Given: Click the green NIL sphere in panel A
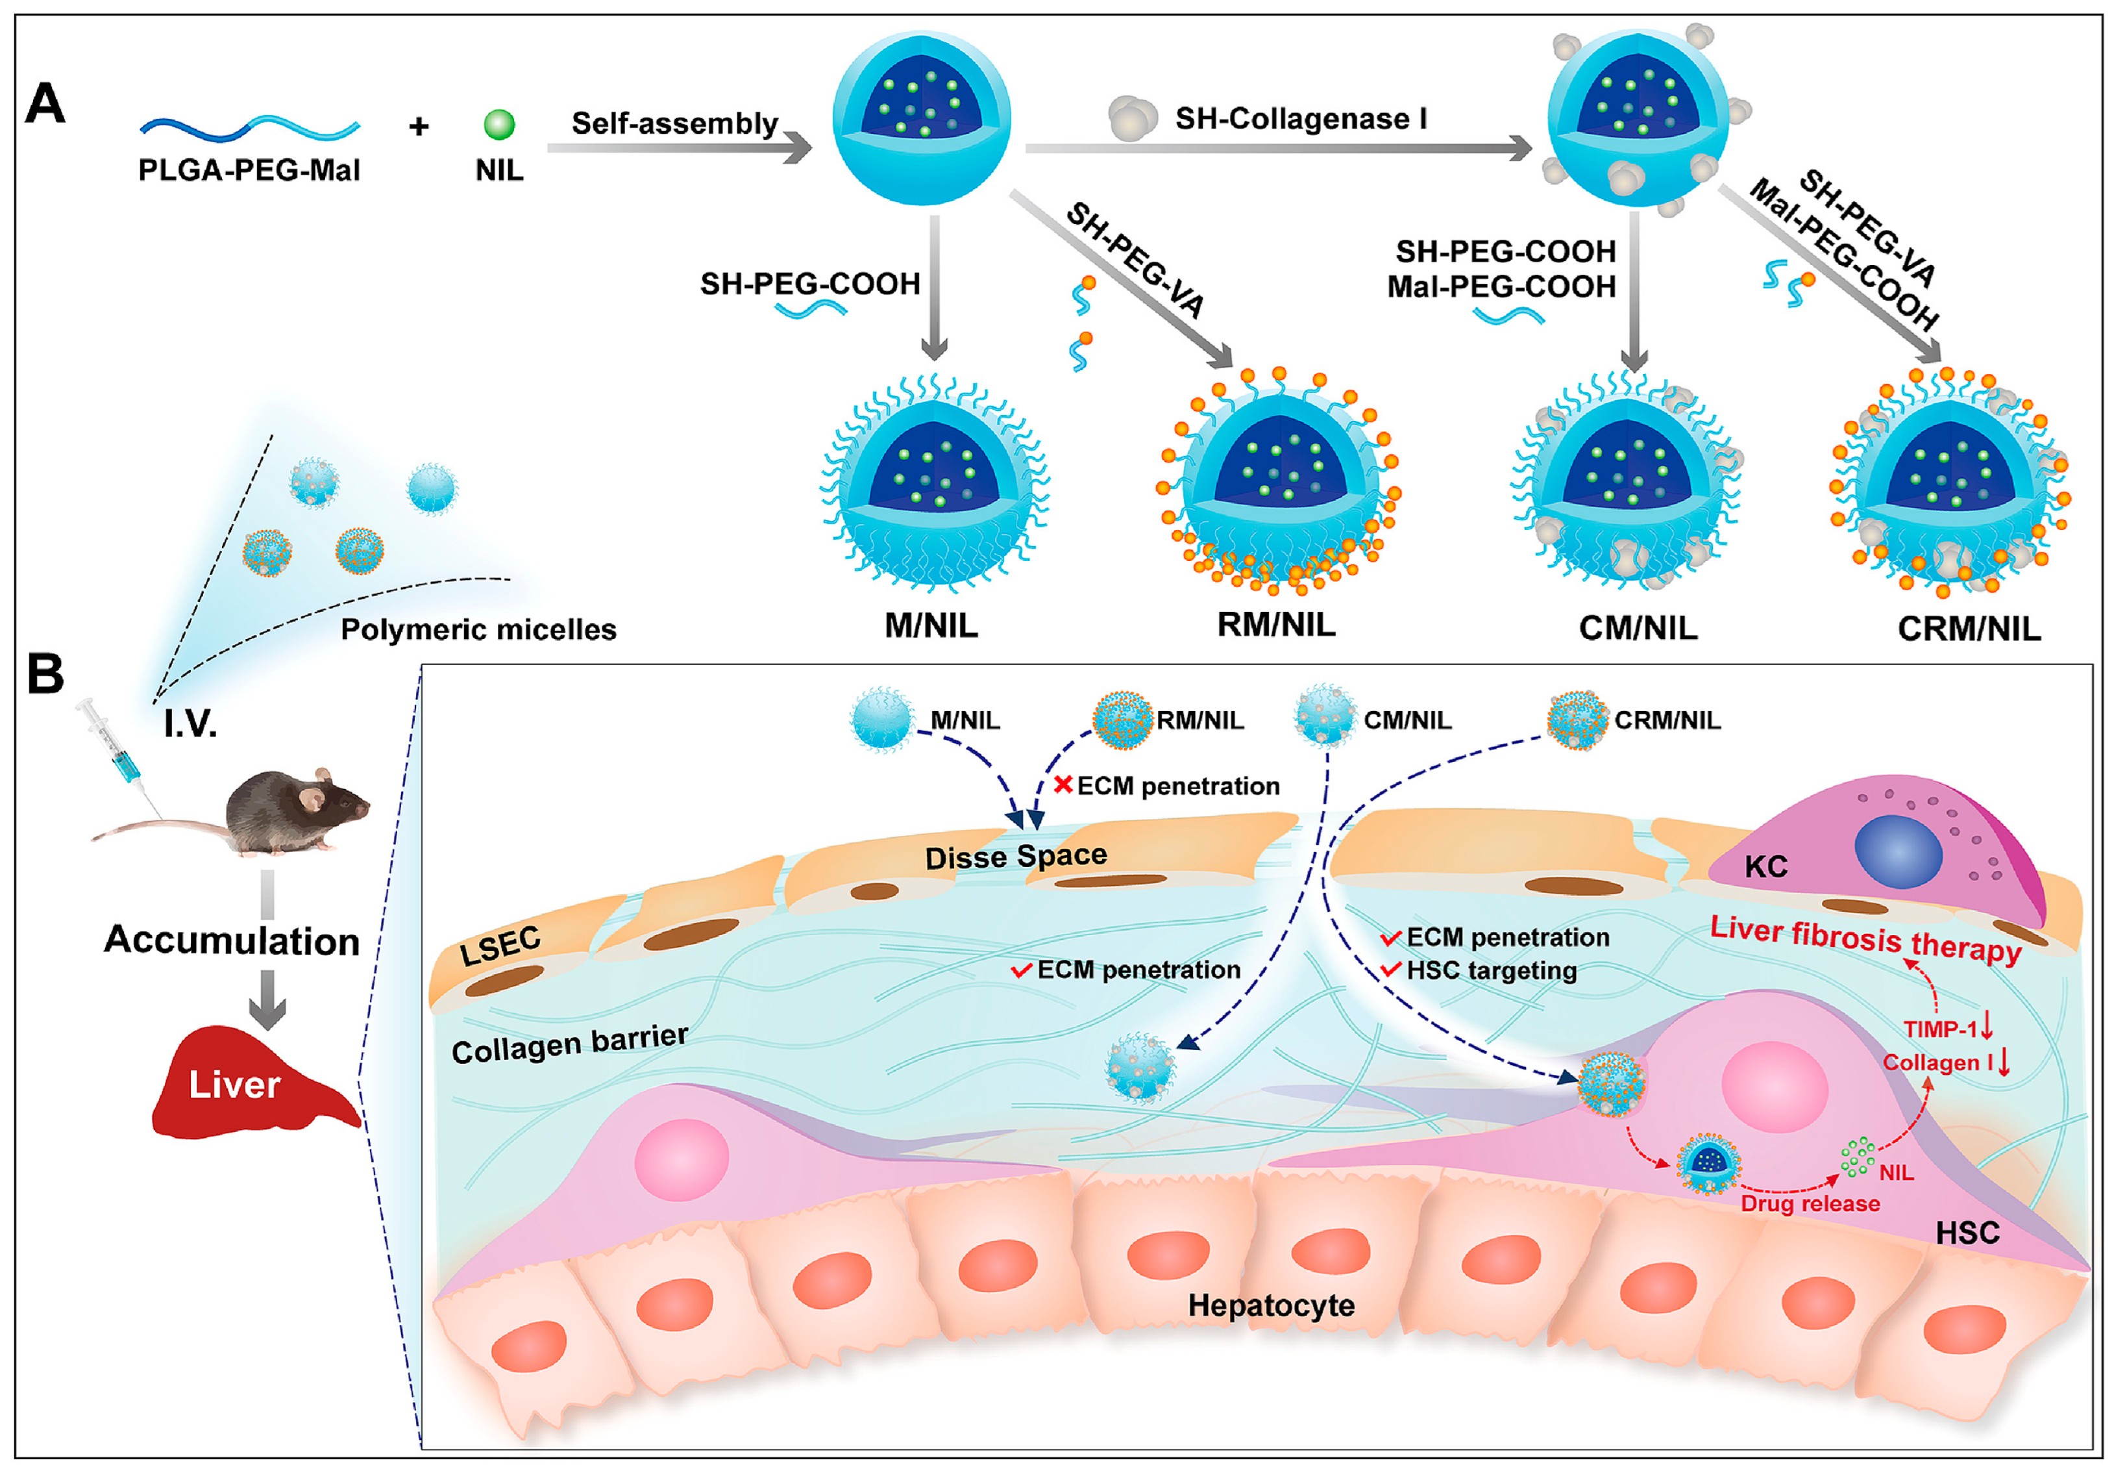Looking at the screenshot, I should (499, 124).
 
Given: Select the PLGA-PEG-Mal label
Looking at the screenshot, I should (249, 170).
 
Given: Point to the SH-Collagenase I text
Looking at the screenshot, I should (1301, 119).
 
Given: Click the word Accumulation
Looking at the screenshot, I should (231, 940).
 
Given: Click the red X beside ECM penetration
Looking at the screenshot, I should (1063, 785).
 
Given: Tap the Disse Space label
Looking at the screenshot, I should (1016, 857).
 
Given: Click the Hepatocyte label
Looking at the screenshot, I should (1271, 1304).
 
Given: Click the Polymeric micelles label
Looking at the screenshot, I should (478, 629).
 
